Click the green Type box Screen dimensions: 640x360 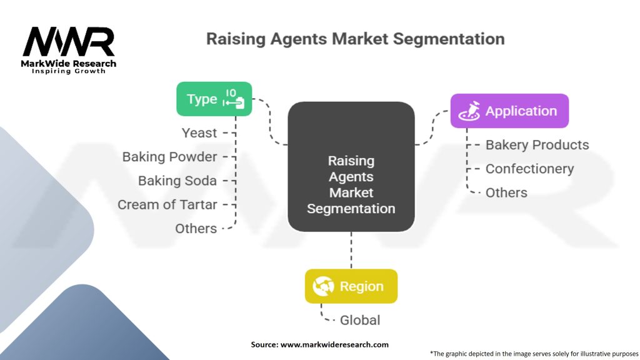tap(214, 99)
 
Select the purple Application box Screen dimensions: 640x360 tap(509, 111)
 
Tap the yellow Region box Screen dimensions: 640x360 tap(351, 286)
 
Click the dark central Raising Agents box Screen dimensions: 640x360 tap(351, 166)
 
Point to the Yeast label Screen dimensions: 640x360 tap(199, 132)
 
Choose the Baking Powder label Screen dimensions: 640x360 tap(169, 157)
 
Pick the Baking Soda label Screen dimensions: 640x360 tap(177, 181)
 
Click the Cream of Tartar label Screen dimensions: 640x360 tap(167, 204)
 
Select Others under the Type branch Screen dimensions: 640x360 tap(196, 229)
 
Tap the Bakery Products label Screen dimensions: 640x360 tap(537, 145)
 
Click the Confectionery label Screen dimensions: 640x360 tap(529, 169)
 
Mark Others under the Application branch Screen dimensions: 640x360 tap(506, 192)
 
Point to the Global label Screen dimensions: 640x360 tap(360, 320)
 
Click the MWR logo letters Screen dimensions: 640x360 tap(69, 42)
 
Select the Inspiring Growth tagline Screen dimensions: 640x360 tap(69, 71)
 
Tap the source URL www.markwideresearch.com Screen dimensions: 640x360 tap(334, 344)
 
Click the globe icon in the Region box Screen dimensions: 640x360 tap(323, 286)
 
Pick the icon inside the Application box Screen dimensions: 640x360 tap(469, 111)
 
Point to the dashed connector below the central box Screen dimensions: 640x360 tap(351, 250)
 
